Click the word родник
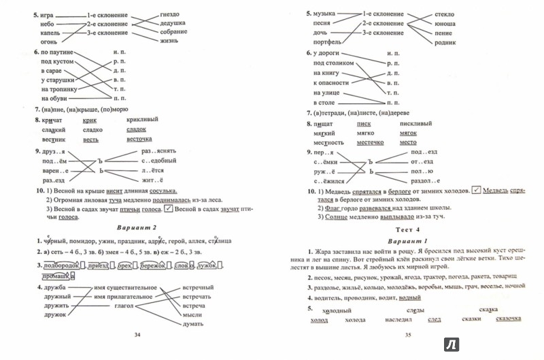tap(444, 42)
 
